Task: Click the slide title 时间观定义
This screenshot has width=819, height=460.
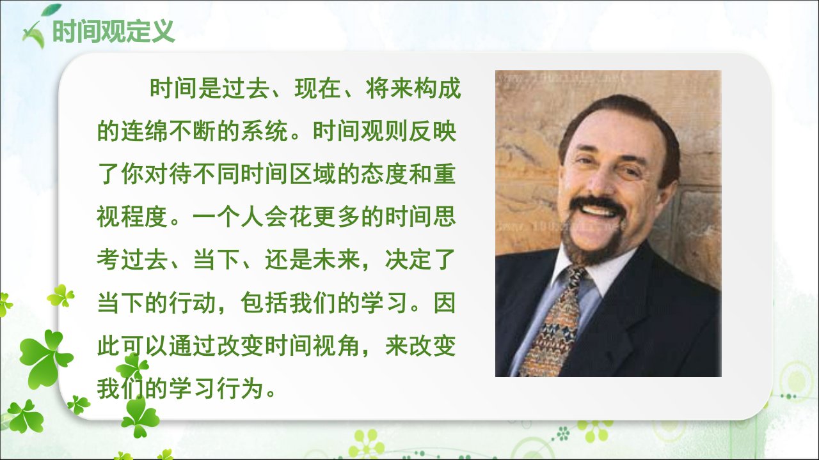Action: coord(113,32)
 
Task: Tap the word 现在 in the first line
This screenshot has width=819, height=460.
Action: coord(317,89)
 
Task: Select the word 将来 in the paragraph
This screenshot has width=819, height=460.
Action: coord(389,89)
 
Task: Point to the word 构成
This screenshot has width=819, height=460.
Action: coord(437,89)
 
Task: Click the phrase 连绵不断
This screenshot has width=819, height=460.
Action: coord(168,132)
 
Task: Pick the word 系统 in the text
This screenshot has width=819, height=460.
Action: coord(264,132)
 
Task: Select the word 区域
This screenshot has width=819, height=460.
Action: coord(312,174)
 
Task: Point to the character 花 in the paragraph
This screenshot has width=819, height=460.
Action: coord(300,217)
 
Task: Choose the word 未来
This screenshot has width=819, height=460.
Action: coord(337,259)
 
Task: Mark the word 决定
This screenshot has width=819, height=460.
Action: coord(408,259)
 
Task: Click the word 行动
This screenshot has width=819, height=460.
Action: coord(193,302)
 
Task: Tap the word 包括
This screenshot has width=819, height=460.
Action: coord(264,302)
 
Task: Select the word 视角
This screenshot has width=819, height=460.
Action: coord(337,345)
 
